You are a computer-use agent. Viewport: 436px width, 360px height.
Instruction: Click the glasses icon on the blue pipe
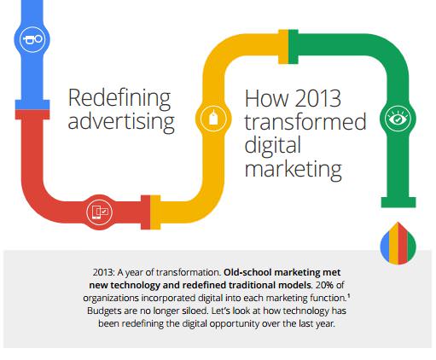pyautogui.click(x=32, y=39)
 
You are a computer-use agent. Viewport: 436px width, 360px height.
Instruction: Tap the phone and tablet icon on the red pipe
pyautogui.click(x=100, y=212)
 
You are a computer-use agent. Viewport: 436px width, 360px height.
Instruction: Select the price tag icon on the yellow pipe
pyautogui.click(x=213, y=118)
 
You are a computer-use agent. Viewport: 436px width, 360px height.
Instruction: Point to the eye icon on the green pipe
pyautogui.click(x=398, y=119)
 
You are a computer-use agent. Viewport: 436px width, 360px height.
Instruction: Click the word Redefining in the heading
pyautogui.click(x=119, y=98)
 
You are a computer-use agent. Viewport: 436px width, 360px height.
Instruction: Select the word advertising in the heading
pyautogui.click(x=121, y=122)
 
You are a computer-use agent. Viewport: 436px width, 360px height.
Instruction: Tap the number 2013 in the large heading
pyautogui.click(x=317, y=98)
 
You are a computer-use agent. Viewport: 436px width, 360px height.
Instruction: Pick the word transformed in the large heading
pyautogui.click(x=305, y=122)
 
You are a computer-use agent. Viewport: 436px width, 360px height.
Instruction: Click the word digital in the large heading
pyautogui.click(x=272, y=145)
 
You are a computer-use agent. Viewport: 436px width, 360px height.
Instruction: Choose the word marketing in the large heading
pyautogui.click(x=293, y=169)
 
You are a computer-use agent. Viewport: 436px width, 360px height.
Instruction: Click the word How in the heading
pyautogui.click(x=266, y=98)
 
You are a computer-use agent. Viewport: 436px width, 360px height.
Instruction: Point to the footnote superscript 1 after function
pyautogui.click(x=349, y=296)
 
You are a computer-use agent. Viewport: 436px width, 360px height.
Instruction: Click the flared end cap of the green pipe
pyautogui.click(x=398, y=202)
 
